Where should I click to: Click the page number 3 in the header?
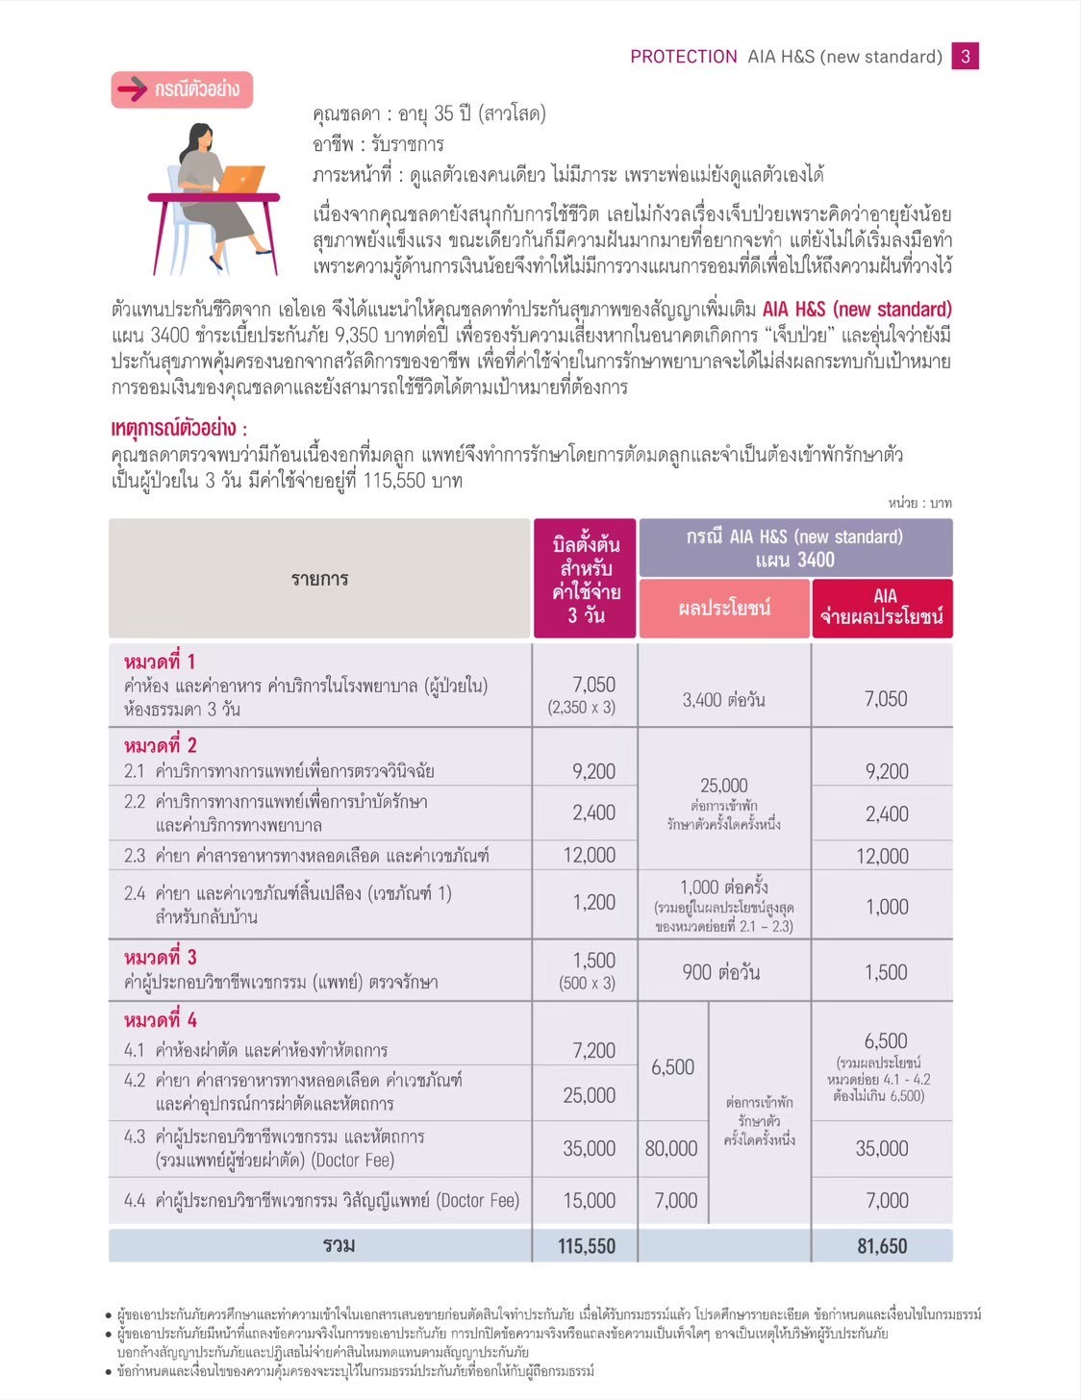pos(965,57)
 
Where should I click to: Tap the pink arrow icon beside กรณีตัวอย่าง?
pos(132,90)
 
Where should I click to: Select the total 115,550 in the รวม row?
pos(586,1246)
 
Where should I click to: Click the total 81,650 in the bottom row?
pos(881,1246)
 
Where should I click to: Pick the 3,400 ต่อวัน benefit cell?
pos(723,700)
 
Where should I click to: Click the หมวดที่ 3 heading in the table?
pos(160,958)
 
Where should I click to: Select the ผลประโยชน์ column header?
pos(723,609)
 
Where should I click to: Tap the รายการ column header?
pos(319,579)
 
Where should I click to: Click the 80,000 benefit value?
pos(671,1148)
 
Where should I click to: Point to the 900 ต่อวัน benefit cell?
pos(720,973)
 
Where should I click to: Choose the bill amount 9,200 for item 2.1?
pos(593,771)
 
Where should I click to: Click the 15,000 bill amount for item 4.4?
pos(589,1200)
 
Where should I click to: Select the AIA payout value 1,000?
pos(887,907)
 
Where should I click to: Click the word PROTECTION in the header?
pos(684,57)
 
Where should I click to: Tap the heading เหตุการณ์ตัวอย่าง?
pos(179,429)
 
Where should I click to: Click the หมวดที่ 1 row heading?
pos(160,662)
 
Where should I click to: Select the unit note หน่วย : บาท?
pos(919,503)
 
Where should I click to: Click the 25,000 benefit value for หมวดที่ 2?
pos(723,786)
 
